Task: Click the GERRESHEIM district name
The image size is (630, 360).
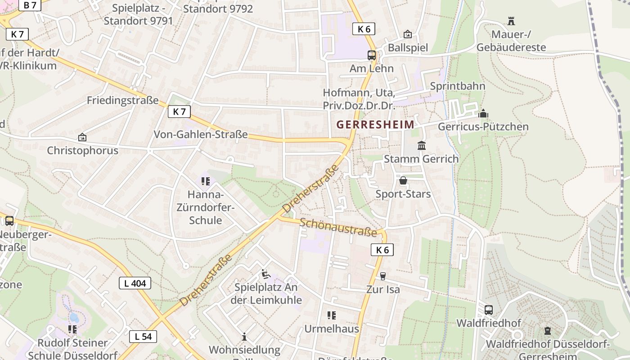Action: point(375,125)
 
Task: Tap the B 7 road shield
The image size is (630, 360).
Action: point(30,5)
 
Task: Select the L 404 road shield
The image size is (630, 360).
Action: point(135,283)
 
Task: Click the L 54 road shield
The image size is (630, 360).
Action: point(143,336)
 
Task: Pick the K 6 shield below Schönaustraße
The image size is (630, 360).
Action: point(382,250)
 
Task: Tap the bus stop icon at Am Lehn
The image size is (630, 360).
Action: point(372,55)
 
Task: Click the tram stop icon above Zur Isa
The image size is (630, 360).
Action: point(382,276)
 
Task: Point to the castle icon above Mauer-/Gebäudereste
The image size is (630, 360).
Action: point(511,21)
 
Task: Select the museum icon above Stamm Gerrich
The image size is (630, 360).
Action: point(422,145)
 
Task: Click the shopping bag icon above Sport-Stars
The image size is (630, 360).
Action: point(403,180)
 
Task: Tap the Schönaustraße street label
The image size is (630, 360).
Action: point(338,227)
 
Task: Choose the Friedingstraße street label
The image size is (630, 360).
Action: point(123,100)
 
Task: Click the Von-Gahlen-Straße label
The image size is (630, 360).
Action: point(201,134)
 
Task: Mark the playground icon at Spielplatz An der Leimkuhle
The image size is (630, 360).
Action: point(265,274)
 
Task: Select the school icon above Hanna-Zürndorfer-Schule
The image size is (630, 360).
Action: point(206,181)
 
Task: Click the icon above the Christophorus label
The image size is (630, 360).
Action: point(82,137)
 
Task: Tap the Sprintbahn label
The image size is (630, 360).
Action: point(458,86)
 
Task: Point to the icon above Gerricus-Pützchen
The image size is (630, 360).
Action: point(483,113)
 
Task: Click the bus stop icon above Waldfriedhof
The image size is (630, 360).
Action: point(489,310)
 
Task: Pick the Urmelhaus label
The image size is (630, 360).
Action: point(332,328)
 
